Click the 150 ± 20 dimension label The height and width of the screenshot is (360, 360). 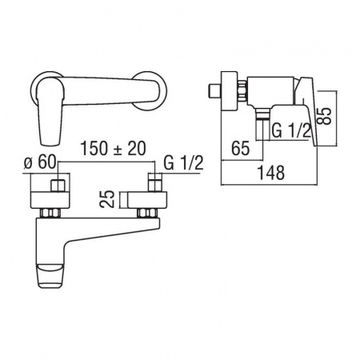(114, 149)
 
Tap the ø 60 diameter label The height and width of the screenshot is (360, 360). (40, 162)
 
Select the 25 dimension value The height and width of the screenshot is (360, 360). (107, 199)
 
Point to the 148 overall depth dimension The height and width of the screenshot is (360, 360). (271, 173)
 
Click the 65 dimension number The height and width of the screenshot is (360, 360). (241, 148)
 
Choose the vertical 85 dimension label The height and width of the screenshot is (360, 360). (324, 116)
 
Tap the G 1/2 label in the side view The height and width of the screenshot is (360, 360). (291, 130)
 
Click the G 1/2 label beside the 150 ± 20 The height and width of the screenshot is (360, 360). (183, 163)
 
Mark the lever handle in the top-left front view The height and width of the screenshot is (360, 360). (50, 111)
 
